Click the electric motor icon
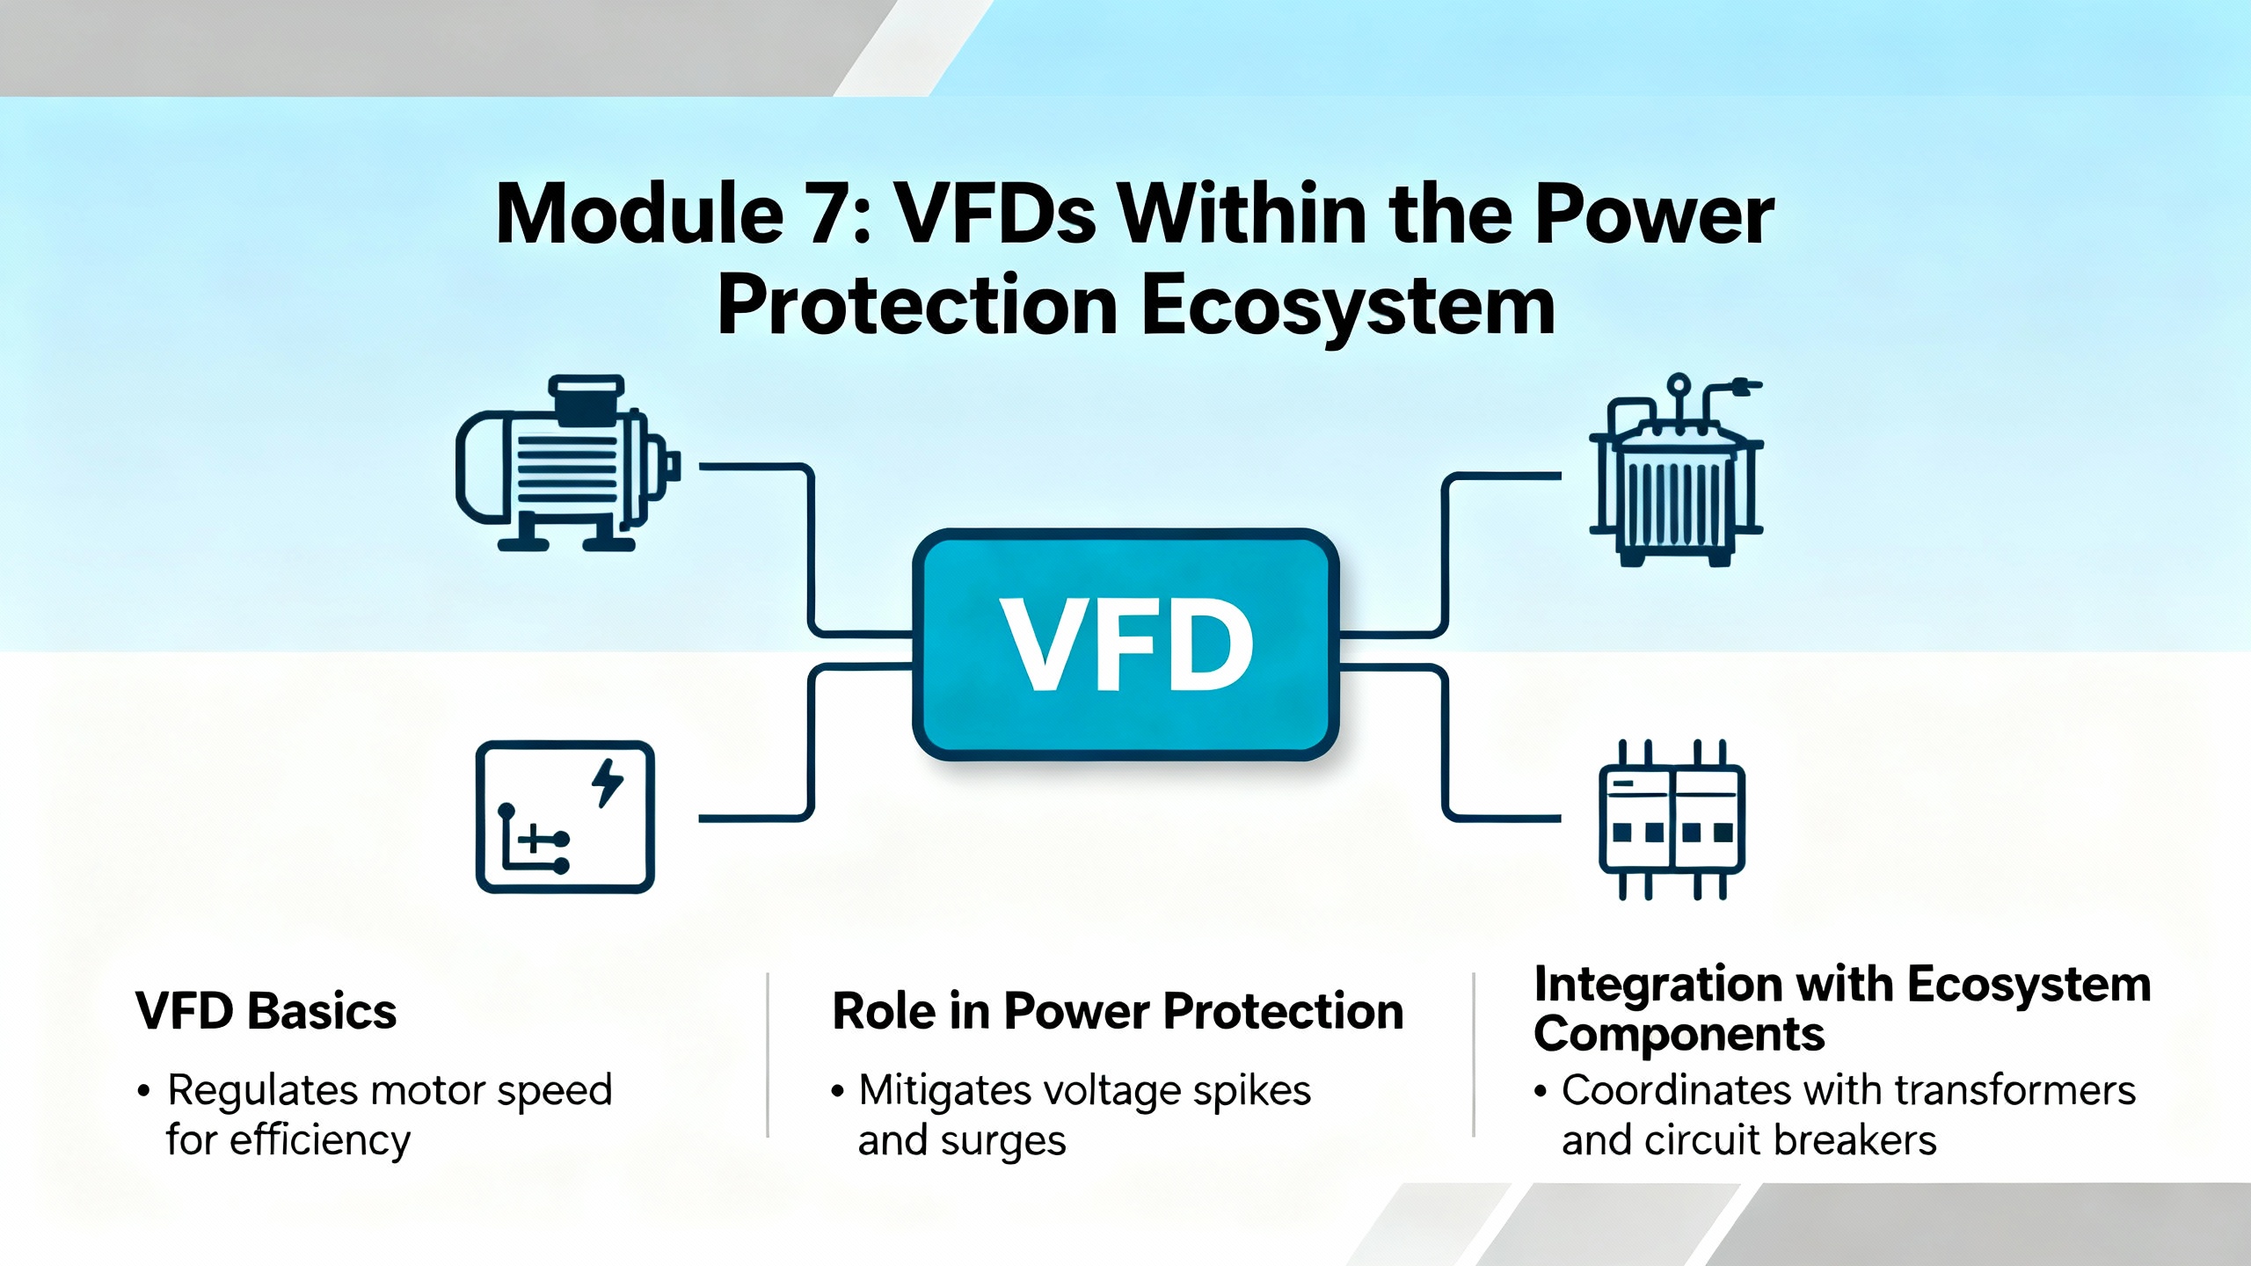568,463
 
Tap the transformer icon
1676,470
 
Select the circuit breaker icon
1672,819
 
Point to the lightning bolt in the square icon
608,782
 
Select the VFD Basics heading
266,1011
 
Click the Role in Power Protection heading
1118,1011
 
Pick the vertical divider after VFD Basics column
768,1055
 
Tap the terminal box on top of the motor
586,399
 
